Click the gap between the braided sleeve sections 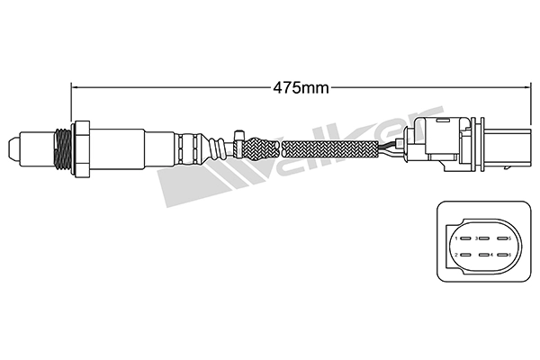[x=283, y=145]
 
